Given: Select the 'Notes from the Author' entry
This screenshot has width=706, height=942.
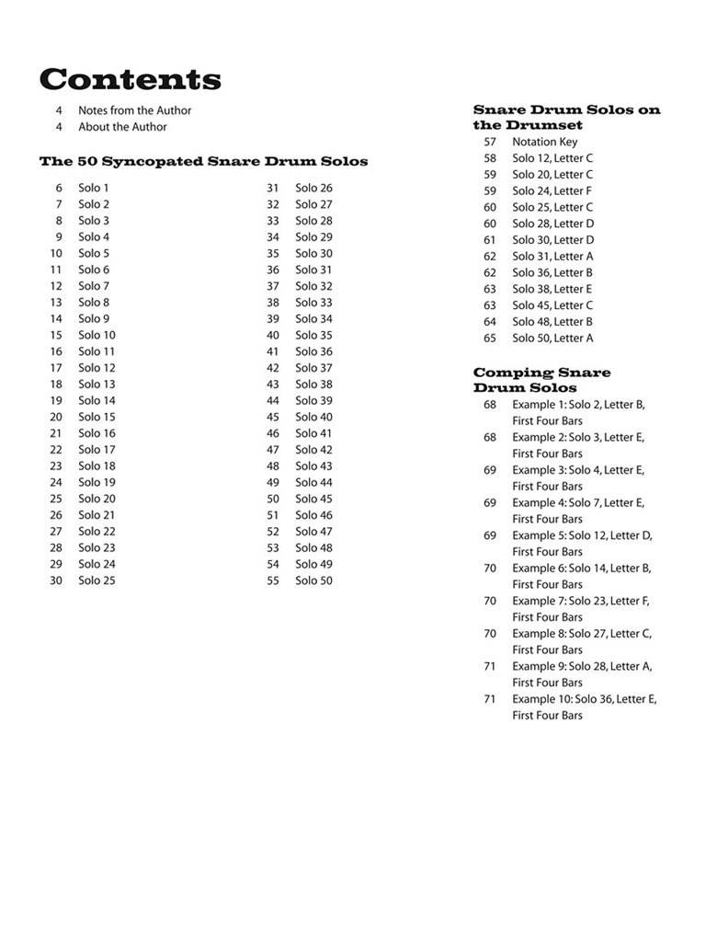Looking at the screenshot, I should point(134,110).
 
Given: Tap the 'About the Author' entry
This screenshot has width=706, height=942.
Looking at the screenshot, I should point(122,127).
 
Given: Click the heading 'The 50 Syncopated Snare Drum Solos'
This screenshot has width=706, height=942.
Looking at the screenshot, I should point(203,162).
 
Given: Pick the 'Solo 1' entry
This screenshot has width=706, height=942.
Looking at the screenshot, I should point(93,188).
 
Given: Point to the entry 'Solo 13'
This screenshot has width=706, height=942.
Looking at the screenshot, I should point(97,384).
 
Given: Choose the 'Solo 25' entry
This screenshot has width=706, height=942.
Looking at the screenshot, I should point(97,580).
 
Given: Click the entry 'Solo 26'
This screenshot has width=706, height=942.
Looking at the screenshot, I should point(313,188).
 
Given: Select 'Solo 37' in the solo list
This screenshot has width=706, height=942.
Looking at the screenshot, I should point(313,368).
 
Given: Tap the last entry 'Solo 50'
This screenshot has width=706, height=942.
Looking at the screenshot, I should point(313,580).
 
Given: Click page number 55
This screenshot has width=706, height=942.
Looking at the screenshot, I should point(273,580).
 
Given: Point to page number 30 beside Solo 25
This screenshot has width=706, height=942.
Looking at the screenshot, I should point(56,580).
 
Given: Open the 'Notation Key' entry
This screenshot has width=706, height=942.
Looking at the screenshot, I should point(544,142).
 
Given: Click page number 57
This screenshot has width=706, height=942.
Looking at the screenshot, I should point(490,142).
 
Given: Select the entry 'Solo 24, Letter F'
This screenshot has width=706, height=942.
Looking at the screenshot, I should point(552,190).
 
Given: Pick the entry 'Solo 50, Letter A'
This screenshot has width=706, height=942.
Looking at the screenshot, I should point(552,338).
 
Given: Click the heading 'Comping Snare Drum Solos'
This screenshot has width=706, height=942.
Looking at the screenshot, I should point(541,380).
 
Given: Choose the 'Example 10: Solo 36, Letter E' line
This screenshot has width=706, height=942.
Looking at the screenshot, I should point(584,699).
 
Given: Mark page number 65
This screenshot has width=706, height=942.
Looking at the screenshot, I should point(490,338).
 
